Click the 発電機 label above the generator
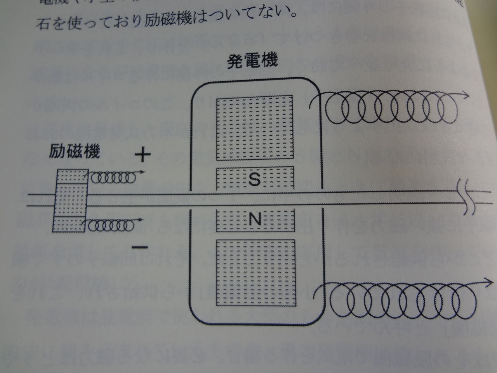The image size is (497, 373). [x=252, y=63]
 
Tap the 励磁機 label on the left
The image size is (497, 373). [x=74, y=151]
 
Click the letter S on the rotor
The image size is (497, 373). [x=254, y=179]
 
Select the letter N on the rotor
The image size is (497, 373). [x=254, y=221]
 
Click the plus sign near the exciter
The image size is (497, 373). [x=142, y=155]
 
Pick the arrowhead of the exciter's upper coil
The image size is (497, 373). [x=143, y=172]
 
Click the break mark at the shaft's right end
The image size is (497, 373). [x=467, y=197]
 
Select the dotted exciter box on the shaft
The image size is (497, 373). [x=70, y=200]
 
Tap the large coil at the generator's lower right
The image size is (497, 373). [x=400, y=298]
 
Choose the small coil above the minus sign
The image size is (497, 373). [x=111, y=225]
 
